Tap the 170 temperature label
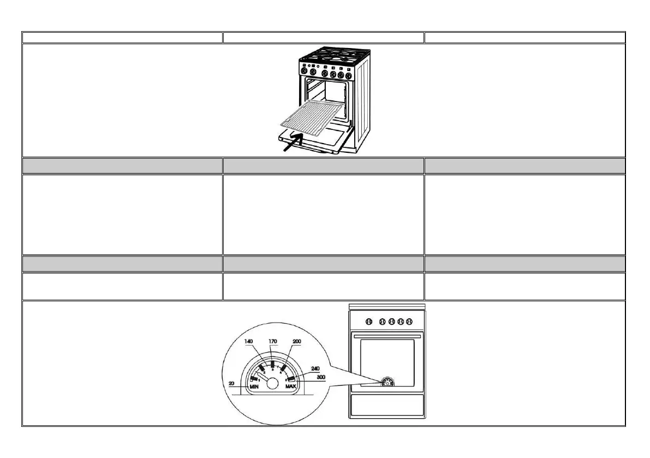pos(273,341)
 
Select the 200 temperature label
pos(297,341)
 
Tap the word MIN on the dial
pos(254,386)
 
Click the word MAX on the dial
pos(291,386)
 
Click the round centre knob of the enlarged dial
pos(272,384)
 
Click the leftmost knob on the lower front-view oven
pos(368,321)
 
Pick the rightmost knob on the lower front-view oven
pos(409,321)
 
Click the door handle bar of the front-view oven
pos(387,337)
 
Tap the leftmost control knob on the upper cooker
pos(303,72)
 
